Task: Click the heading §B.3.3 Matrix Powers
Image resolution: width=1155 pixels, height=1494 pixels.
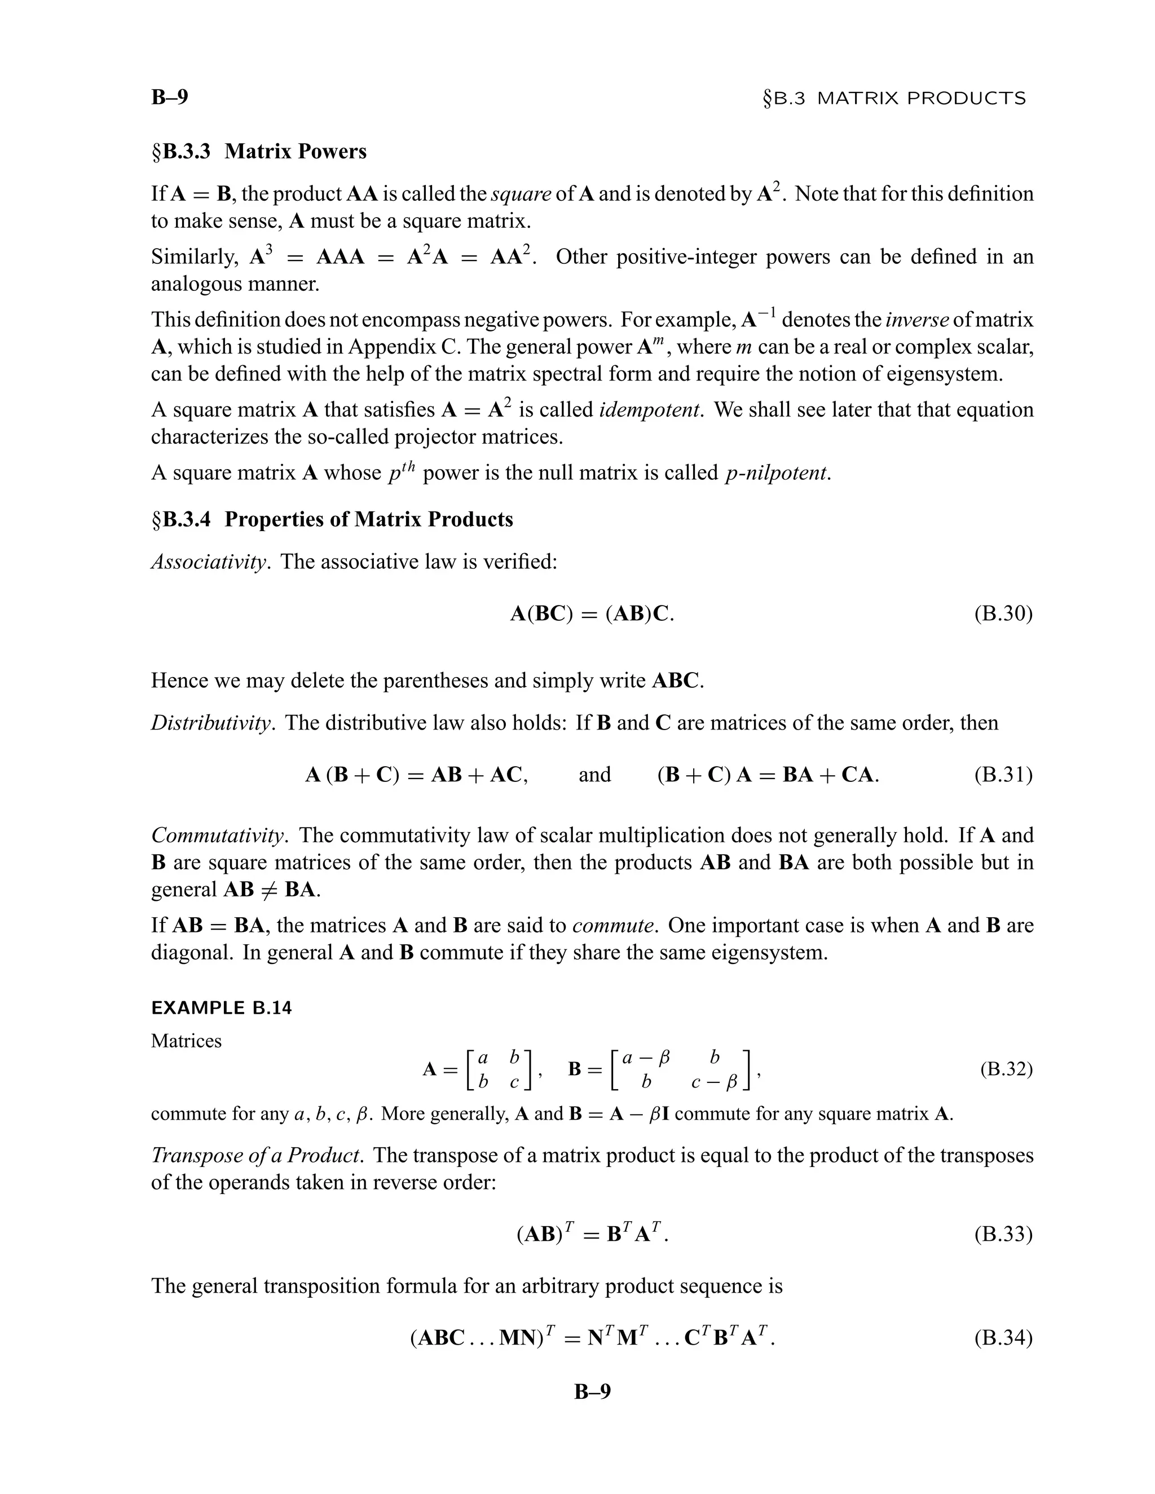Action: tap(259, 151)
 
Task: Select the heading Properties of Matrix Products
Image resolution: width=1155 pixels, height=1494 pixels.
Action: tap(368, 519)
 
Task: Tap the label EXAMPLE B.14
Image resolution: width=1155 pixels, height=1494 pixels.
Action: tap(221, 1009)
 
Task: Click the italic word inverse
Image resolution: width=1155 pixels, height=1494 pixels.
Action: tap(917, 320)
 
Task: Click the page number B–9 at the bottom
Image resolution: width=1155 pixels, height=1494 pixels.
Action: tap(592, 1391)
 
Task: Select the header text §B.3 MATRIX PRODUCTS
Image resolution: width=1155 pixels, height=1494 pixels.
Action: tap(894, 99)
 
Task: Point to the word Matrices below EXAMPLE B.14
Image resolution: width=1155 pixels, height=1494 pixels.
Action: tap(186, 1041)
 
